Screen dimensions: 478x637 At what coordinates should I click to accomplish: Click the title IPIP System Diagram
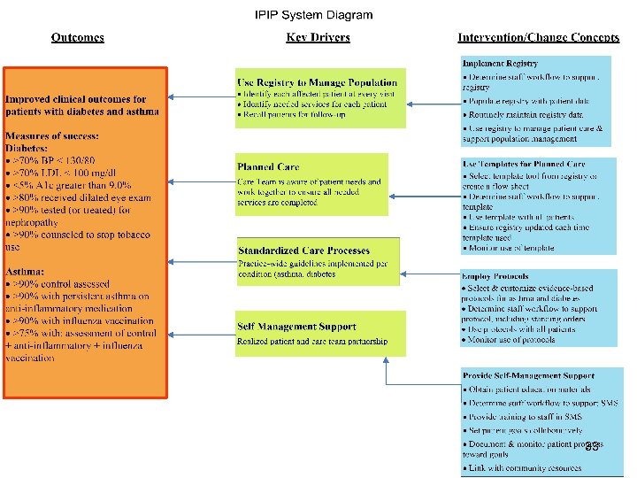coord(313,15)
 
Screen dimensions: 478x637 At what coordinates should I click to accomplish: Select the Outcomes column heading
coord(78,37)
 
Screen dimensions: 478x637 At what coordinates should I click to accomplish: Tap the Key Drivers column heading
coord(318,37)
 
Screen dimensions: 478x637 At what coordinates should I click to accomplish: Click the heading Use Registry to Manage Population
coord(317,83)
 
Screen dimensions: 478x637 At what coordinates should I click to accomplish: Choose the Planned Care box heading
coord(268,166)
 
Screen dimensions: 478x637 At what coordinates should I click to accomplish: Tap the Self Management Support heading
coord(296,327)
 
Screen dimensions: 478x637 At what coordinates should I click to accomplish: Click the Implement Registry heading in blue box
coord(500,64)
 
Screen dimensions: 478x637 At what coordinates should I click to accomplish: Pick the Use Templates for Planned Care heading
coord(523,165)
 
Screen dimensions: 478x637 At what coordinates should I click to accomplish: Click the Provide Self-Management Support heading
coord(528,376)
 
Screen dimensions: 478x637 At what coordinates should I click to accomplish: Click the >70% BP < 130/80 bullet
coord(53,160)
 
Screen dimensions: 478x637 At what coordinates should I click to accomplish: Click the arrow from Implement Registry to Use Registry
coord(434,103)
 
